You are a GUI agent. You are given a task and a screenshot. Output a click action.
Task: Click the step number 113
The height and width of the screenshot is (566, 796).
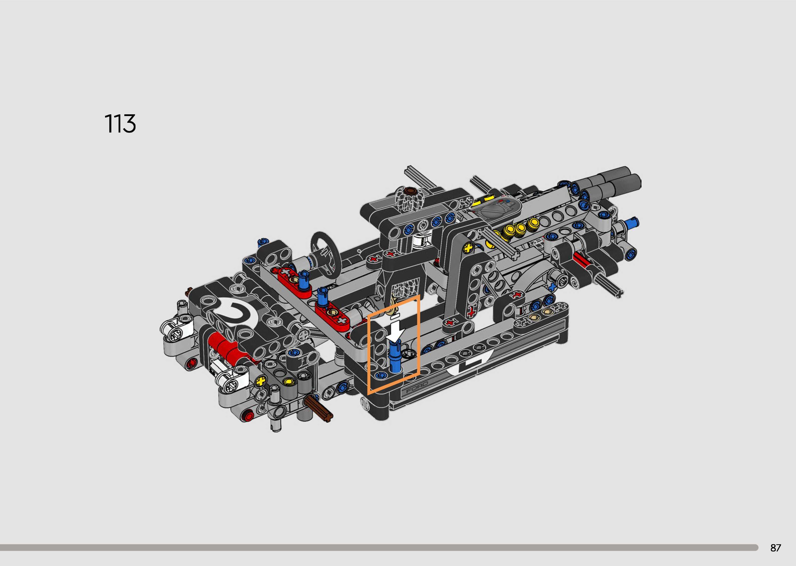point(120,123)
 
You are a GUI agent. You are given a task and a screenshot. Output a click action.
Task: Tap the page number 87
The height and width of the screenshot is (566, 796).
point(776,548)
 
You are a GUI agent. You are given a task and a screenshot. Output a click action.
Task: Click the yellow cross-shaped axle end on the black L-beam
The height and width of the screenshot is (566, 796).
point(469,249)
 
